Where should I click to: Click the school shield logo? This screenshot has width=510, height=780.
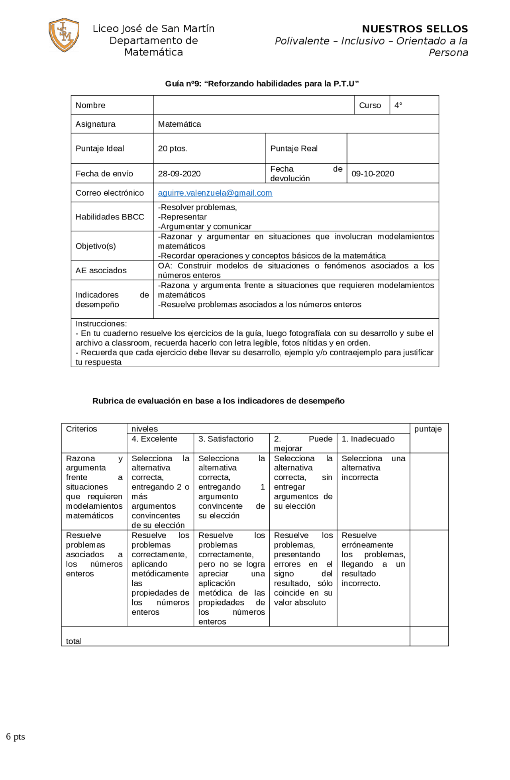pyautogui.click(x=64, y=35)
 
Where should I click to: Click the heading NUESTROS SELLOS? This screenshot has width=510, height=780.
pyautogui.click(x=415, y=29)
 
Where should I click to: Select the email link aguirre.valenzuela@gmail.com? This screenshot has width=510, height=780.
pyautogui.click(x=215, y=193)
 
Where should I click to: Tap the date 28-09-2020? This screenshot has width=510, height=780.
pyautogui.click(x=179, y=174)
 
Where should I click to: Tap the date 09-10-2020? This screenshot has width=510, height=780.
pyautogui.click(x=373, y=174)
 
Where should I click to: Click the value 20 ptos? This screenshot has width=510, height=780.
pyautogui.click(x=173, y=149)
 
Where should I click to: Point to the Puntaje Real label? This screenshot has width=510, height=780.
pyautogui.click(x=294, y=149)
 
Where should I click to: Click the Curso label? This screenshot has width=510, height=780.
pyautogui.click(x=370, y=105)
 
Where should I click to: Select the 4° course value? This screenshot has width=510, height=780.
pyautogui.click(x=398, y=105)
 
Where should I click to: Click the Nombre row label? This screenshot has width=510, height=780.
pyautogui.click(x=90, y=105)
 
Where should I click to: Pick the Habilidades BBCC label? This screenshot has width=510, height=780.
pyautogui.click(x=110, y=217)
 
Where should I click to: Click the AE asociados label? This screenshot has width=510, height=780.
pyautogui.click(x=101, y=270)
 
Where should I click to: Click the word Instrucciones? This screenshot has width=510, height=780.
pyautogui.click(x=101, y=323)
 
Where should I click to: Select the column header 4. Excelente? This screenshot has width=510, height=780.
pyautogui.click(x=154, y=439)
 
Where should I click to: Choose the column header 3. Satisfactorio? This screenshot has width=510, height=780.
pyautogui.click(x=226, y=439)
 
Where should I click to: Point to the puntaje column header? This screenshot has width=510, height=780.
pyautogui.click(x=428, y=429)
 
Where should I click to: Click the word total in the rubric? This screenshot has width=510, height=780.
pyautogui.click(x=74, y=641)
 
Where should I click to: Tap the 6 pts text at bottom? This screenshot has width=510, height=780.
pyautogui.click(x=16, y=737)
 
